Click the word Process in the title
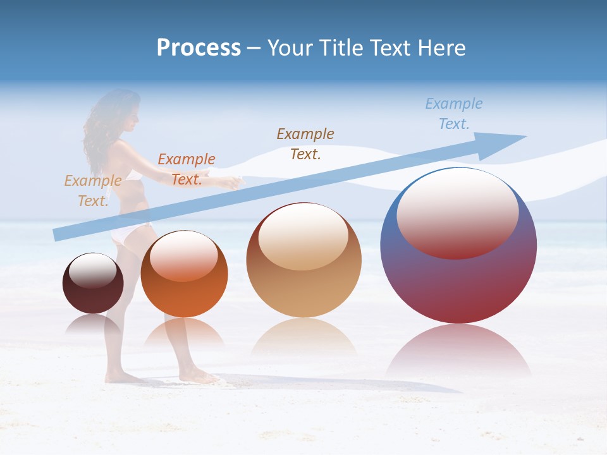point(199,48)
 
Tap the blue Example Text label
point(453,114)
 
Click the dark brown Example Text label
point(305,143)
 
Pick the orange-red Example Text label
point(186,169)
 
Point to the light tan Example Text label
point(92,190)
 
